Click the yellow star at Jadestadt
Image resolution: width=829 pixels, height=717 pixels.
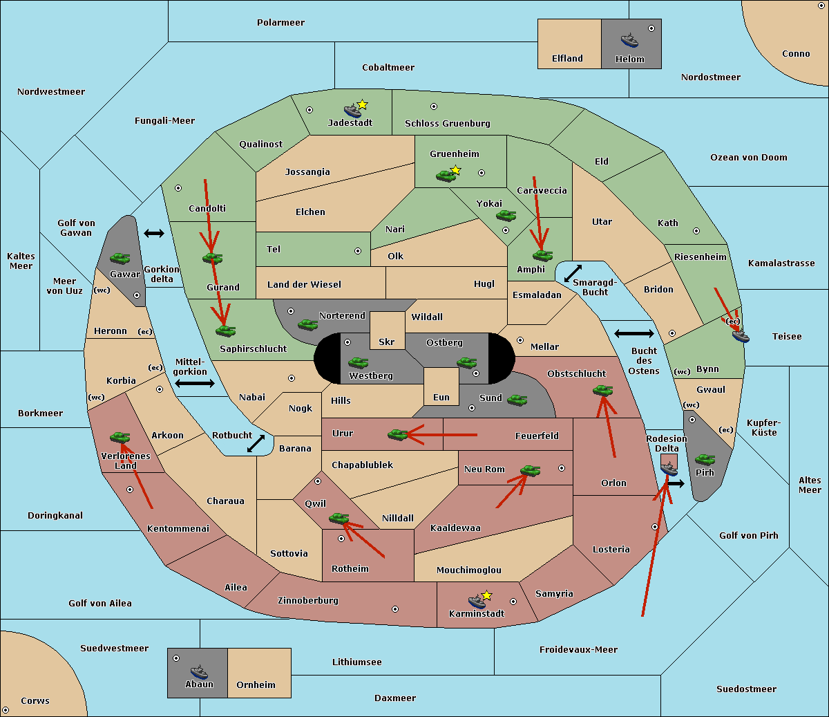[362, 104]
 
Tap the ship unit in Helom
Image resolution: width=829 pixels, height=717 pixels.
[629, 40]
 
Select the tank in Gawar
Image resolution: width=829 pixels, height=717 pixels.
[120, 259]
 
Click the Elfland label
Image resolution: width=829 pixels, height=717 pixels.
[567, 59]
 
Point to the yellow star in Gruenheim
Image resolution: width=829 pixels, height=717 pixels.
[455, 170]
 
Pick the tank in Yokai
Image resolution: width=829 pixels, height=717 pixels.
[506, 216]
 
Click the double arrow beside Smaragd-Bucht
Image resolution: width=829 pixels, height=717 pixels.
[573, 274]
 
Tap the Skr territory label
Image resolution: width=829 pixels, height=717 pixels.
[387, 342]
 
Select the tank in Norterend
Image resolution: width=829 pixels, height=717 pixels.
[307, 324]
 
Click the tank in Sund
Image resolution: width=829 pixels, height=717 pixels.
[517, 400]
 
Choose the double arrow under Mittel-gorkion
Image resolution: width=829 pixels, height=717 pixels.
[195, 384]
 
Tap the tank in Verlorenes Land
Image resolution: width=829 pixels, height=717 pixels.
[120, 438]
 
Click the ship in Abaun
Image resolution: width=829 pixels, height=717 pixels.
[199, 672]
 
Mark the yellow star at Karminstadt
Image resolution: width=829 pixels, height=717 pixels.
[487, 595]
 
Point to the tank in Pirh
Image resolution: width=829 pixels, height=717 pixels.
[705, 460]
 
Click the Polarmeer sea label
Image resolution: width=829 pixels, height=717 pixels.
[280, 23]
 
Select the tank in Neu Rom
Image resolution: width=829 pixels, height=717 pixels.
[530, 471]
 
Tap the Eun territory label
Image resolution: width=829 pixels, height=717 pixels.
[441, 398]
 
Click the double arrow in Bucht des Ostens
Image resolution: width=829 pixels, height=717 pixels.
[633, 334]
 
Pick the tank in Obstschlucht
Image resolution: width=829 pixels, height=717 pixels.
[602, 391]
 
